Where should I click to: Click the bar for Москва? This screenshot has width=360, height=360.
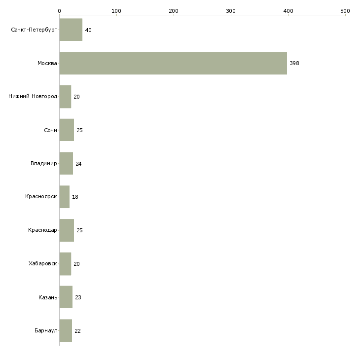pyautogui.click(x=173, y=63)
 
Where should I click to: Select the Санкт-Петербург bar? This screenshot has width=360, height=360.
pyautogui.click(x=71, y=30)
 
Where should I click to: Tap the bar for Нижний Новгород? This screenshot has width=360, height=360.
pyautogui.click(x=65, y=97)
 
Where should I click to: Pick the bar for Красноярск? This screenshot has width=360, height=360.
pyautogui.click(x=65, y=197)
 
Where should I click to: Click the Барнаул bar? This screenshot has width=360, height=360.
pyautogui.click(x=66, y=330)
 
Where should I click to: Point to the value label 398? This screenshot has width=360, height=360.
pyautogui.click(x=294, y=63)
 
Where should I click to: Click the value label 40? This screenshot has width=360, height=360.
pyautogui.click(x=88, y=30)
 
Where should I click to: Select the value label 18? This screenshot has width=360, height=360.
pyautogui.click(x=75, y=197)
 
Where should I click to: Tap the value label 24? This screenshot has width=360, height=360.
pyautogui.click(x=78, y=164)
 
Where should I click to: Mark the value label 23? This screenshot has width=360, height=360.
pyautogui.click(x=78, y=297)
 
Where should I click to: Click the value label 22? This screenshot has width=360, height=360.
pyautogui.click(x=77, y=331)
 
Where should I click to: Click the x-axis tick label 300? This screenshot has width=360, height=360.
pyautogui.click(x=231, y=11)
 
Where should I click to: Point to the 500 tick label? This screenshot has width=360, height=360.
pyautogui.click(x=345, y=11)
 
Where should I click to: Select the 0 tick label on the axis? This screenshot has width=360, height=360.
pyautogui.click(x=60, y=11)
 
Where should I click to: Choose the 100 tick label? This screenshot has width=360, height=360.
pyautogui.click(x=116, y=11)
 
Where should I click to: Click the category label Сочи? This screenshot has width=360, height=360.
pyautogui.click(x=50, y=130)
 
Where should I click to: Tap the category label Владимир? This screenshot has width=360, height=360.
pyautogui.click(x=43, y=163)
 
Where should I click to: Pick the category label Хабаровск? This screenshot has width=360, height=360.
pyautogui.click(x=43, y=263)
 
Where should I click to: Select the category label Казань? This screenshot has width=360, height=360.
pyautogui.click(x=48, y=297)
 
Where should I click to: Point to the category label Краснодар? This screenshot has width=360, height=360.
pyautogui.click(x=42, y=230)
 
